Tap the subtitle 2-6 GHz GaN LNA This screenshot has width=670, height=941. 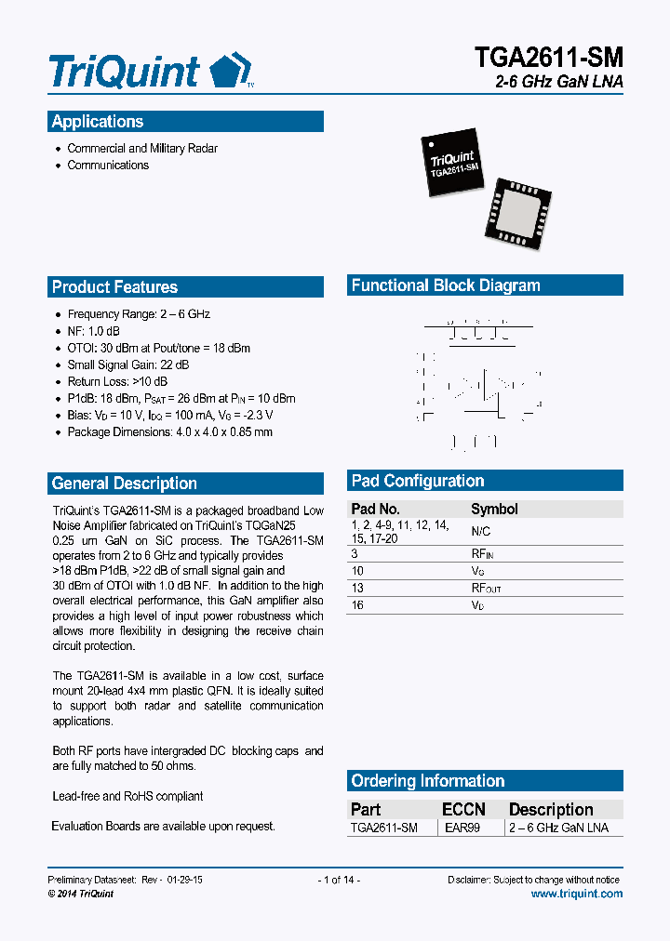559,83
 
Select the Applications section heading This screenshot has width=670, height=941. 98,122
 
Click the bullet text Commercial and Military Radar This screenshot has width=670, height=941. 142,149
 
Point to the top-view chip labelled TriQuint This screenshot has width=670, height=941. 453,165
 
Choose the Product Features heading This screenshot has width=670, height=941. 114,287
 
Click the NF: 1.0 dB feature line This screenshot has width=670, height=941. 93,331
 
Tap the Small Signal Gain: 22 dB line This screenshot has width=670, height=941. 128,364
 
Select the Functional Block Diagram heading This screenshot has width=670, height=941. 446,285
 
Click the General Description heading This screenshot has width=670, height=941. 124,484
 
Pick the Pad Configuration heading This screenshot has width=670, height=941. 417,481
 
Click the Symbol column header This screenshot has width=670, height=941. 494,509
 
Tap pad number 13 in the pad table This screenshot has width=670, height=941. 356,588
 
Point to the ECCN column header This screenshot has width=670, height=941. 463,809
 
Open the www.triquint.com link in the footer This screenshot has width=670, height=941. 576,894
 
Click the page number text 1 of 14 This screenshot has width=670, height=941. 339,880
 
